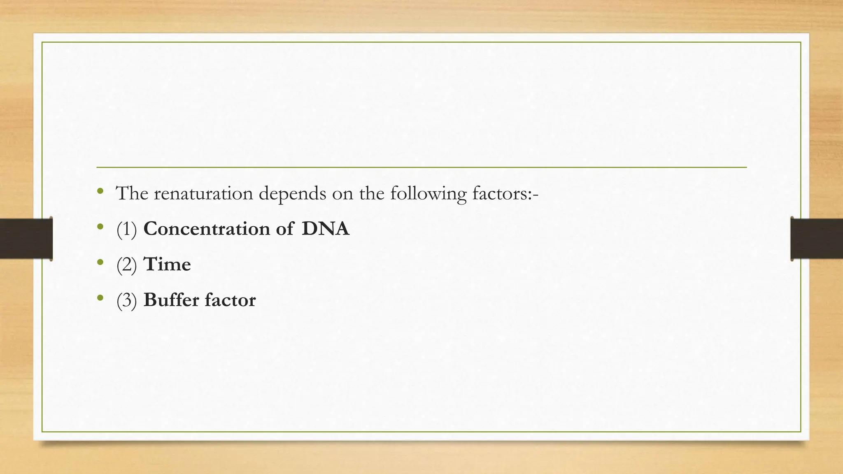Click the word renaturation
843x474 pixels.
click(x=203, y=193)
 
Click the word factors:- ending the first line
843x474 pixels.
click(x=505, y=193)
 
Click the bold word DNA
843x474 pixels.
click(x=325, y=229)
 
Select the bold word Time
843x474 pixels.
click(x=167, y=264)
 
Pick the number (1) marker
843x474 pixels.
click(x=126, y=229)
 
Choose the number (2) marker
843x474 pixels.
click(x=126, y=265)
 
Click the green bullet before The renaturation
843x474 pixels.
click(x=100, y=191)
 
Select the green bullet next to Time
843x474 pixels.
click(x=100, y=262)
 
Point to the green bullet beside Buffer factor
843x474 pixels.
click(x=100, y=297)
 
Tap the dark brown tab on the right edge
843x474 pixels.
click(x=817, y=239)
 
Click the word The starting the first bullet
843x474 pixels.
click(x=132, y=193)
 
